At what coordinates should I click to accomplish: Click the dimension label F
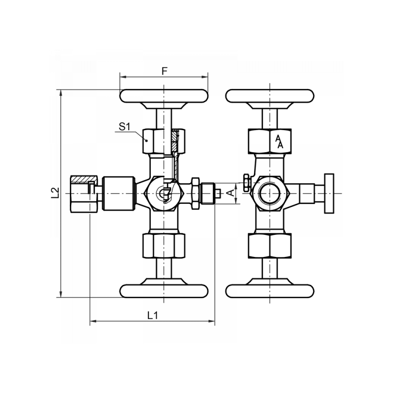click(x=165, y=71)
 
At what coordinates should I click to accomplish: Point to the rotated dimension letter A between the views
click(x=229, y=193)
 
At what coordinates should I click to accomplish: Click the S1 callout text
click(x=124, y=127)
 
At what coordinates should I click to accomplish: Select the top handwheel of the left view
click(x=164, y=96)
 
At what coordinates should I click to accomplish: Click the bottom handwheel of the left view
click(x=164, y=290)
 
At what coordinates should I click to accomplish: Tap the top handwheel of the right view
click(x=270, y=96)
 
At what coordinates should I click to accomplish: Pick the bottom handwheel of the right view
click(x=270, y=290)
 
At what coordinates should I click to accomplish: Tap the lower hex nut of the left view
click(x=164, y=245)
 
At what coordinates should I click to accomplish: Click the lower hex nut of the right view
click(x=270, y=245)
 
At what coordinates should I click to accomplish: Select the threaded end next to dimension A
click(x=209, y=194)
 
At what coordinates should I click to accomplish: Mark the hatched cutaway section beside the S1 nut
click(x=176, y=142)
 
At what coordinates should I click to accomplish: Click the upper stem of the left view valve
click(x=164, y=118)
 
